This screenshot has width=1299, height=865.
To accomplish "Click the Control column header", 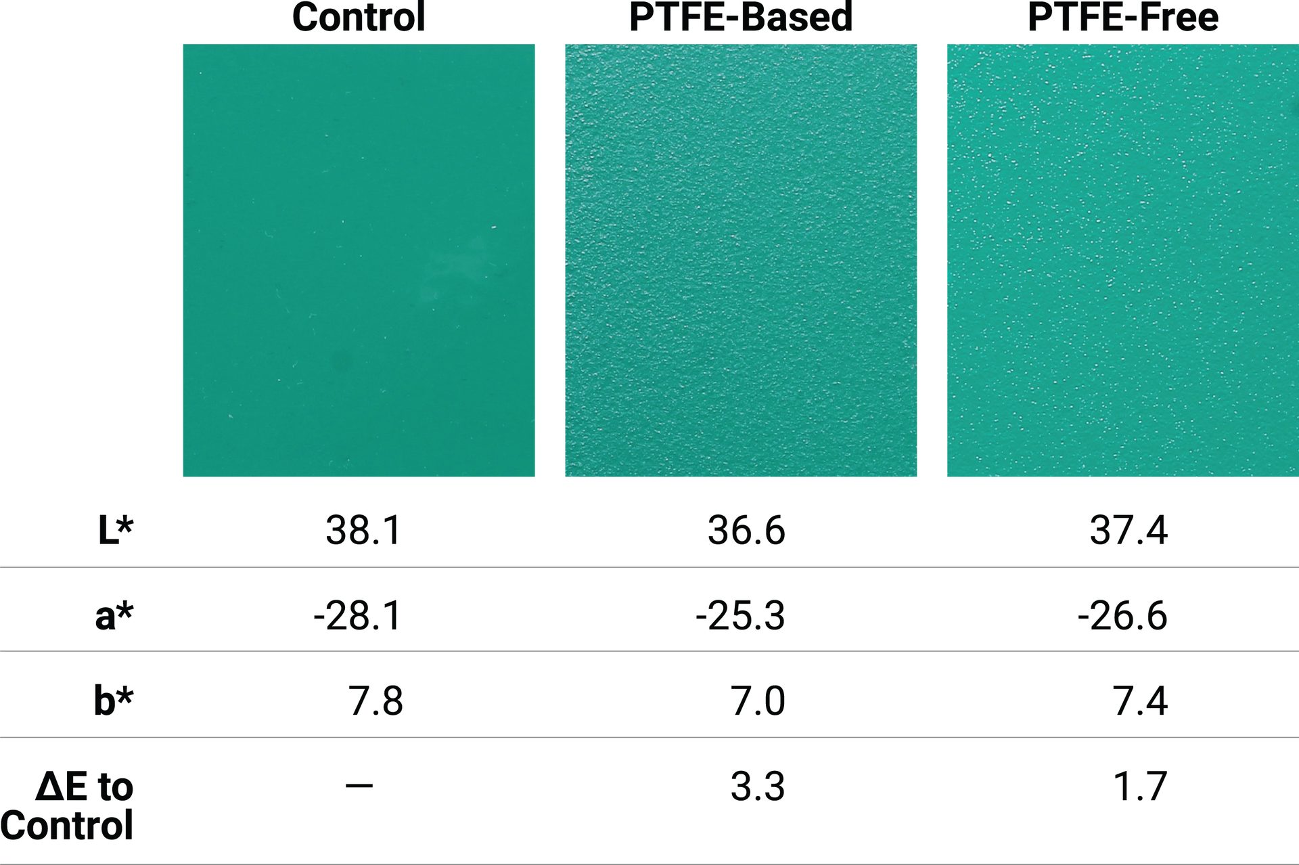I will pyautogui.click(x=359, y=18).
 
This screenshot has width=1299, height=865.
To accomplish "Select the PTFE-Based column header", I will pyautogui.click(x=741, y=18).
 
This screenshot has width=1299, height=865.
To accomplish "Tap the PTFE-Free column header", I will pyautogui.click(x=1123, y=18).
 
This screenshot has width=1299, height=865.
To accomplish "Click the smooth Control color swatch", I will pyautogui.click(x=359, y=261).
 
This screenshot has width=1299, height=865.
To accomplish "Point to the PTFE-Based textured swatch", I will pyautogui.click(x=741, y=261).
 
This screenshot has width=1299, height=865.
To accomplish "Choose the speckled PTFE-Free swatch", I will pyautogui.click(x=1123, y=261).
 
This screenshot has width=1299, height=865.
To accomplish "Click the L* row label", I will pyautogui.click(x=116, y=530).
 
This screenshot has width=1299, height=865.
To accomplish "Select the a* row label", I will pyautogui.click(x=114, y=616).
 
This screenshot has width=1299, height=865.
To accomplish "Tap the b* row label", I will pyautogui.click(x=114, y=701).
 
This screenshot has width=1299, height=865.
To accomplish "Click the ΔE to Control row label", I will pyautogui.click(x=68, y=805).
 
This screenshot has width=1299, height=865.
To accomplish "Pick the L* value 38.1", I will pyautogui.click(x=364, y=530).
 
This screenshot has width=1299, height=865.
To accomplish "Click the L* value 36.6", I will pyautogui.click(x=746, y=530).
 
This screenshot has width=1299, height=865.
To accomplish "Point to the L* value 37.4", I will pyautogui.click(x=1129, y=530).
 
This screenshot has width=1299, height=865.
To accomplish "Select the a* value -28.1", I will pyautogui.click(x=358, y=616).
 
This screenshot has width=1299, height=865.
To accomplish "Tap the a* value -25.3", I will pyautogui.click(x=740, y=616).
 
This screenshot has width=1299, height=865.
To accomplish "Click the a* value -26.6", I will pyautogui.click(x=1122, y=616).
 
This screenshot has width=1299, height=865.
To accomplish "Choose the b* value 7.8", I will pyautogui.click(x=375, y=701).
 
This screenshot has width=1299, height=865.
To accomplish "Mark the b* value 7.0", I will pyautogui.click(x=758, y=701).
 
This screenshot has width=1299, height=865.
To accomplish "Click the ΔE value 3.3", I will pyautogui.click(x=758, y=786).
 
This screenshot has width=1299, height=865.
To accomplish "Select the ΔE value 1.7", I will pyautogui.click(x=1140, y=786).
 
